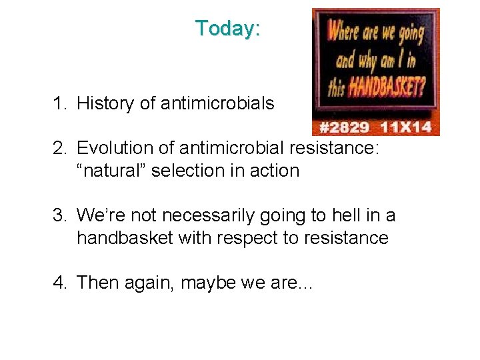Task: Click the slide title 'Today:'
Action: (227, 29)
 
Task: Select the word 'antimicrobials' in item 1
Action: (217, 103)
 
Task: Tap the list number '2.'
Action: (62, 148)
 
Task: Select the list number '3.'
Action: (62, 216)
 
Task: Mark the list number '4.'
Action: (62, 283)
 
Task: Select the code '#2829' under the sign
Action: (344, 127)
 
